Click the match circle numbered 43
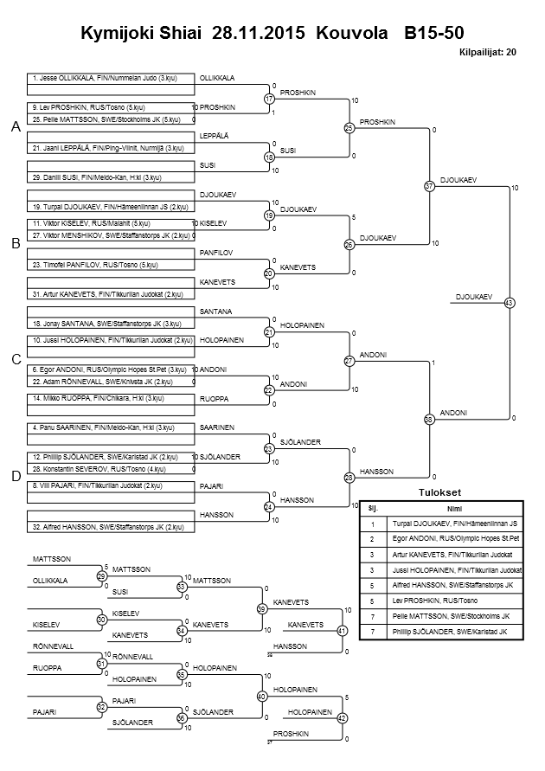pos(509,303)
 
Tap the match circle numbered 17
pos(269,99)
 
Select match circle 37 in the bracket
pos(429,186)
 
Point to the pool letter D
pos(15,475)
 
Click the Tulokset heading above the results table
pos(441,493)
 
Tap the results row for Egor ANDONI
pos(441,538)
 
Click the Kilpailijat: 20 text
pos(488,53)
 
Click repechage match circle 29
pos(101,575)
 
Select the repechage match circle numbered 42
pos(342,718)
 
